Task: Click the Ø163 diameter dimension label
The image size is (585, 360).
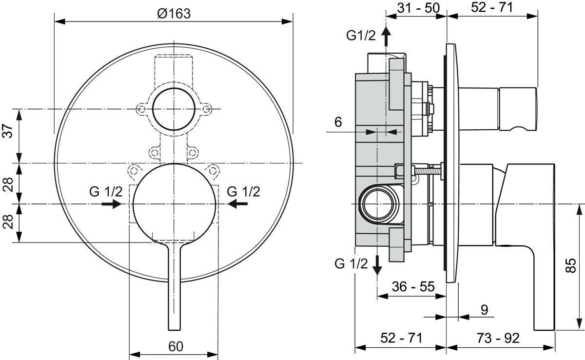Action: pos(174,13)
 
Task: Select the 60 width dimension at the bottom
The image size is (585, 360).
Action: pos(176,346)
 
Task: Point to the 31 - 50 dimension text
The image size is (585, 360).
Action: pos(418,8)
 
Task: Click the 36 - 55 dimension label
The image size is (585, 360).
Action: pos(413,286)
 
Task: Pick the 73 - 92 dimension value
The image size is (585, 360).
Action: pos(498,338)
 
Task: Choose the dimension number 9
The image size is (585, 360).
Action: pos(484,310)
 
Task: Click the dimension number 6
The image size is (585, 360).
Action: pos(338,122)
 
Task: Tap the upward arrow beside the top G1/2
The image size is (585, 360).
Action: pos(386,37)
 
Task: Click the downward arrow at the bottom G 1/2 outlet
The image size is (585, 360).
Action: pos(377,265)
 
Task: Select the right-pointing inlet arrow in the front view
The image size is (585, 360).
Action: pos(112,204)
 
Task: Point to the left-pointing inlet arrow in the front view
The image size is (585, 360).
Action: pos(237,204)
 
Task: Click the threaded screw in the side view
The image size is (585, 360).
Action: pos(427,171)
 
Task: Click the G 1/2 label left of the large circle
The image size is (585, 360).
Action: pos(105,192)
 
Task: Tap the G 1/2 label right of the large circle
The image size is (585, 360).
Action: pos(243,192)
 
